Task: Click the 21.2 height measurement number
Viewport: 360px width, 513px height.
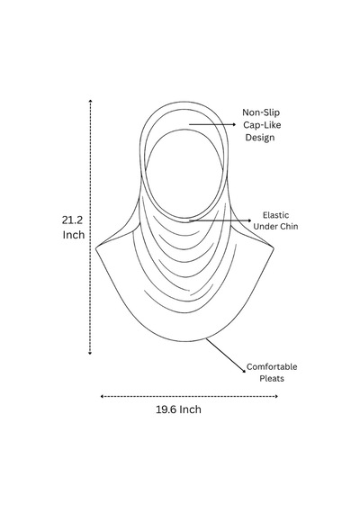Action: click(72, 220)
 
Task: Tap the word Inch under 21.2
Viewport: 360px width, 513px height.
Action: click(74, 235)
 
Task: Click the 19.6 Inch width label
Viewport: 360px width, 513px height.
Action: click(178, 409)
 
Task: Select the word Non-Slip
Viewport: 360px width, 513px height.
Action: click(261, 112)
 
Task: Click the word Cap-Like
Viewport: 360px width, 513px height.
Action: click(262, 125)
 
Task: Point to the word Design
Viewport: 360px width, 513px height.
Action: click(260, 138)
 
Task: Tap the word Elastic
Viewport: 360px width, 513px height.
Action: click(276, 215)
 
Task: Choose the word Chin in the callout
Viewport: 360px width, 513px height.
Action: click(289, 227)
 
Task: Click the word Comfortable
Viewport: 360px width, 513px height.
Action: click(272, 367)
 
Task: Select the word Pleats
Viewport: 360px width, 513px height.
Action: click(272, 379)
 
